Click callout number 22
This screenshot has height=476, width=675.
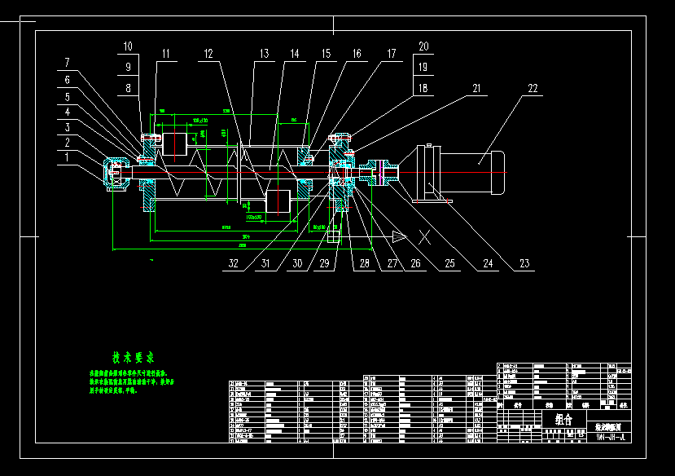533,88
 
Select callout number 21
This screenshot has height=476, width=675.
476,88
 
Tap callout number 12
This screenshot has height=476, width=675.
208,55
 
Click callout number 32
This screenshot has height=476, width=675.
234,264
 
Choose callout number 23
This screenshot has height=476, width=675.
524,264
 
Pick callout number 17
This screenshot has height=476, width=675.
391,55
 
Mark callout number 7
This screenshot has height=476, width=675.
68,63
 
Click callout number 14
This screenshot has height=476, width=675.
293,55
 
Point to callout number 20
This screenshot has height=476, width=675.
423,46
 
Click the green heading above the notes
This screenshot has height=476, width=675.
134,357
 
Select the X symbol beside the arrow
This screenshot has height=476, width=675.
424,237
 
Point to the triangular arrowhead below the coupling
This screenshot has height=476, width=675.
399,236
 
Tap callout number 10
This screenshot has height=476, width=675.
128,46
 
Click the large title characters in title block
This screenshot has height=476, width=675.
563,419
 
